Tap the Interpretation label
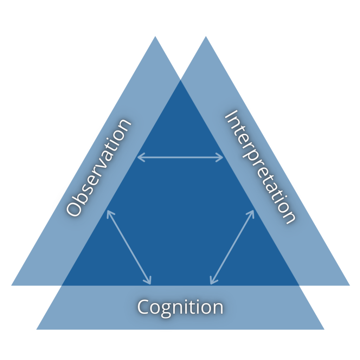click(x=259, y=167)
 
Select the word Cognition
click(x=180, y=307)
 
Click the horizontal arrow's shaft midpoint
click(x=180, y=157)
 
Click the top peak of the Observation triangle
click(x=155, y=37)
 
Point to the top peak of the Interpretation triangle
click(x=206, y=37)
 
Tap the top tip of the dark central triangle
click(x=180, y=81)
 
